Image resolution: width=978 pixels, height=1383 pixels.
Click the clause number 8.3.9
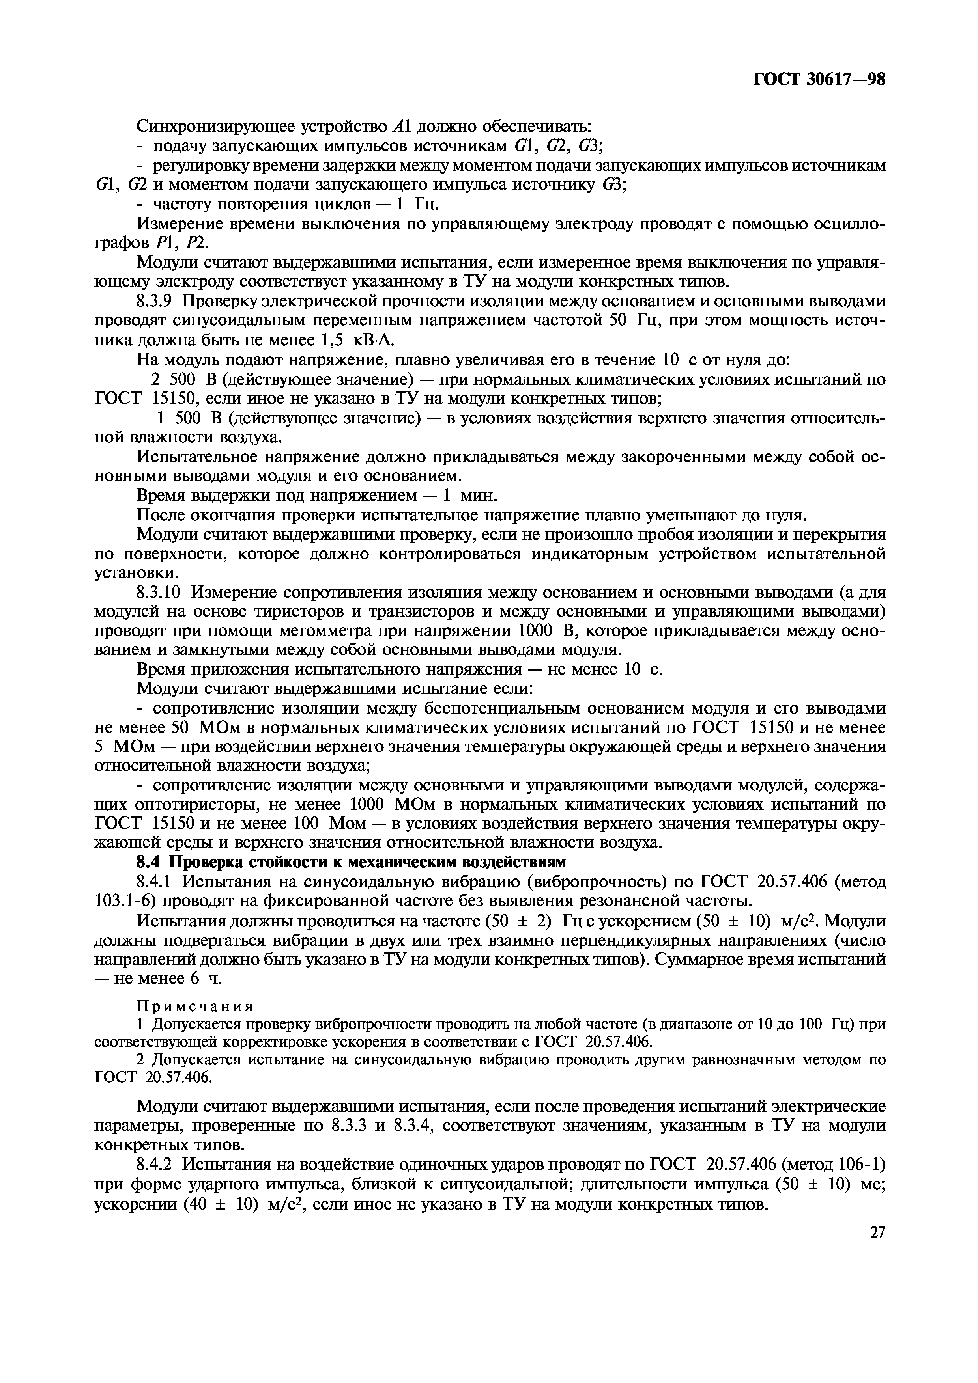coord(157,301)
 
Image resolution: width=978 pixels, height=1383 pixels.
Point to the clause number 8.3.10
coord(161,593)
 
